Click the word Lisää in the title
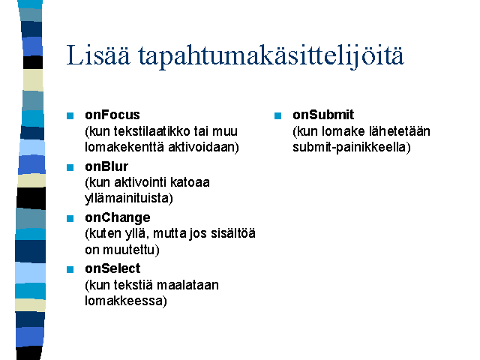[98, 55]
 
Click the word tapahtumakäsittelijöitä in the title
[271, 57]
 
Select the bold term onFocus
[112, 115]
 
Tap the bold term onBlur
[106, 166]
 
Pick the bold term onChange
[118, 218]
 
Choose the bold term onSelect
[112, 268]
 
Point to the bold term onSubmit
[323, 115]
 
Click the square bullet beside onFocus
[70, 115]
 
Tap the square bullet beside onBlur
[70, 167]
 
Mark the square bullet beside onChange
[70, 218]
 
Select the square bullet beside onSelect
[70, 269]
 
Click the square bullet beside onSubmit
[277, 115]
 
